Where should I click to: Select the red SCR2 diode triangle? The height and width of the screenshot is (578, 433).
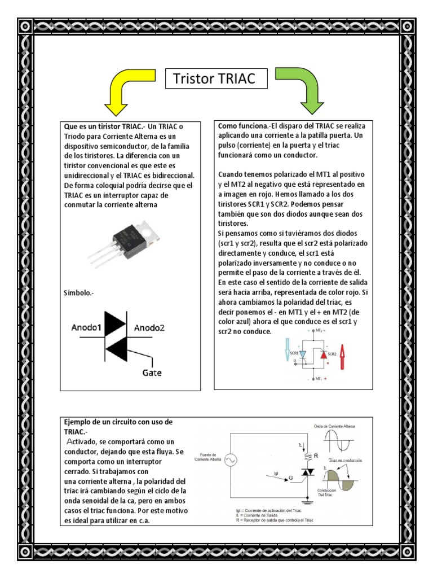pos(322,354)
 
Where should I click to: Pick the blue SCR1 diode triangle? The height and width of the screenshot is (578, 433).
pos(303,354)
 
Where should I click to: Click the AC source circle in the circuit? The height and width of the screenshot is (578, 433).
pos(231,460)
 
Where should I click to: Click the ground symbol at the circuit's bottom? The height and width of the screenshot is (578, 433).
pos(308,501)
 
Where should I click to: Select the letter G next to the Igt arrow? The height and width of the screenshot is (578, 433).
pos(290,478)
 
